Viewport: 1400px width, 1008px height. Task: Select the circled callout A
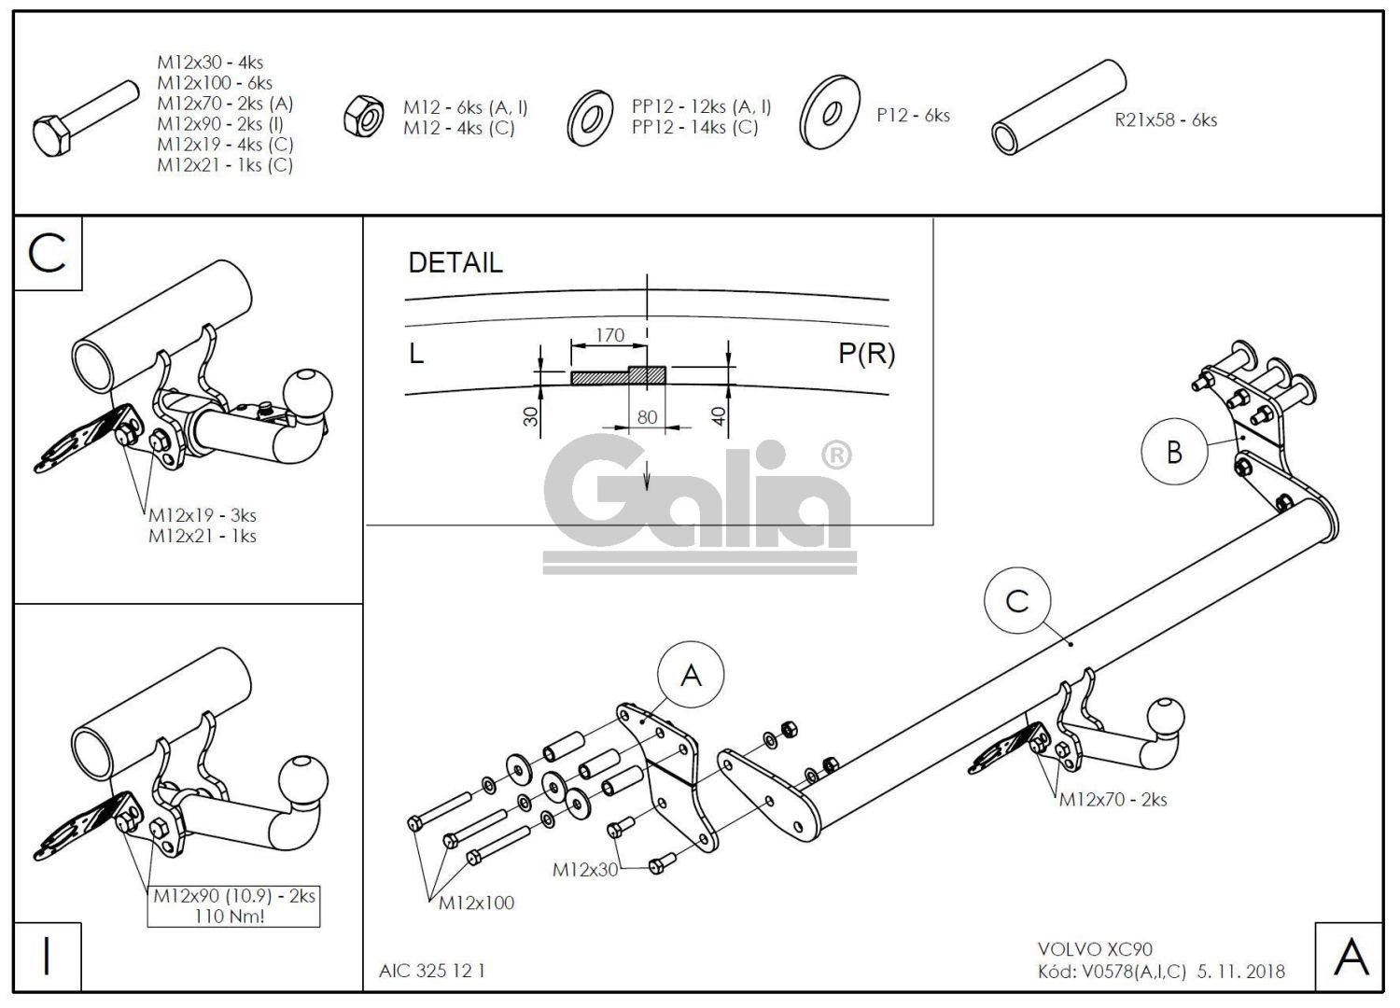691,675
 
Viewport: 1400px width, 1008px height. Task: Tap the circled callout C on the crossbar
1017,601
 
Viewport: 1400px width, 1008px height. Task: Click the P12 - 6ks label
913,116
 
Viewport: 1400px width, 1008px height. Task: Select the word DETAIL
455,263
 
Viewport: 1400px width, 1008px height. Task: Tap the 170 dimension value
609,335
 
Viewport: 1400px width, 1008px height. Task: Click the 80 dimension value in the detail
647,417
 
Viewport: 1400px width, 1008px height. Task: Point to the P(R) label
866,353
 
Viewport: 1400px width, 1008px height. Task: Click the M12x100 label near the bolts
476,903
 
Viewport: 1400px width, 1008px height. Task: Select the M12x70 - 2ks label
1113,800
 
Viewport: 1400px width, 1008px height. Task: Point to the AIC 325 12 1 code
431,971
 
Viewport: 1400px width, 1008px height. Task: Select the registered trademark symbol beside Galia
836,455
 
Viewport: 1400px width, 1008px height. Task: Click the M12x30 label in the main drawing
585,870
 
